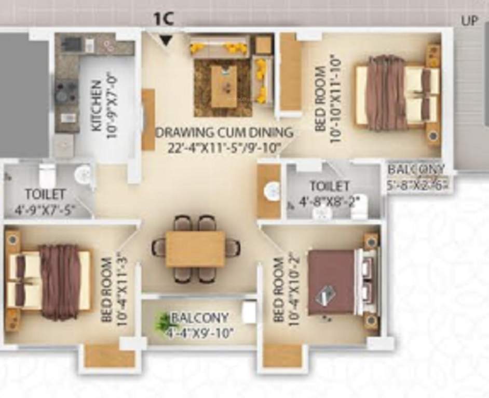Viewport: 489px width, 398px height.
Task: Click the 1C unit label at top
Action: (x=163, y=19)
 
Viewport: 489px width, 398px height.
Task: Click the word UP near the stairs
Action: (x=470, y=21)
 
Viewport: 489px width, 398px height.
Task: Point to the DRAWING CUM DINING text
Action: (x=224, y=132)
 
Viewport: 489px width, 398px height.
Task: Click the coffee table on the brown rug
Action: (x=224, y=86)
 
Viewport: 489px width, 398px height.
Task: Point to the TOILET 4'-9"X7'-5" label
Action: (x=46, y=202)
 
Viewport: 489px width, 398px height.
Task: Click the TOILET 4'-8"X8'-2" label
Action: (x=330, y=193)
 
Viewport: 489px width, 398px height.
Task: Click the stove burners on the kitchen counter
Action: (x=66, y=92)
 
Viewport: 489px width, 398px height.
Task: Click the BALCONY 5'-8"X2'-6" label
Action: (x=417, y=177)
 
